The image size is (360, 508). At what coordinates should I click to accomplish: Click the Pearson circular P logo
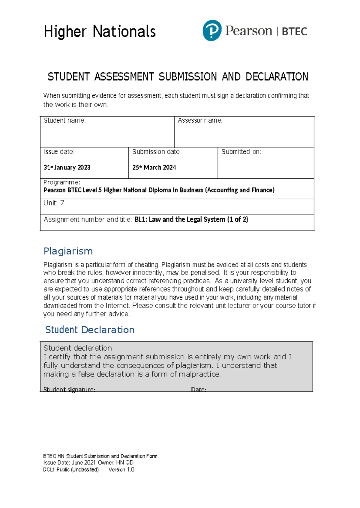(x=212, y=31)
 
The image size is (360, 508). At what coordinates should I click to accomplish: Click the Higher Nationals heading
(x=100, y=32)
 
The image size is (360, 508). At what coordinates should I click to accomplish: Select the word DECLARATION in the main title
(x=277, y=77)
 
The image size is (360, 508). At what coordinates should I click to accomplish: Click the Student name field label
(x=64, y=120)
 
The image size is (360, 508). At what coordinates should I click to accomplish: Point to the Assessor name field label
(x=200, y=120)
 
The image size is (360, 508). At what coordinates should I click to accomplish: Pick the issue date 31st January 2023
(x=67, y=168)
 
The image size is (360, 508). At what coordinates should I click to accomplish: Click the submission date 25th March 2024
(x=154, y=168)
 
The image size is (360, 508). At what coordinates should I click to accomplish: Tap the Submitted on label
(x=241, y=152)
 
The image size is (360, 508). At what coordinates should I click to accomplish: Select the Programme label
(x=61, y=182)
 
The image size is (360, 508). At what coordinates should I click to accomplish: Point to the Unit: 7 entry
(x=54, y=203)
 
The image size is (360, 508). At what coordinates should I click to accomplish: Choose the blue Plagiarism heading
(x=68, y=251)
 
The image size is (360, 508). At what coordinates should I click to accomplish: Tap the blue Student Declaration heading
(x=90, y=330)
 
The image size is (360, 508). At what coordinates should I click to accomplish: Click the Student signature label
(x=69, y=389)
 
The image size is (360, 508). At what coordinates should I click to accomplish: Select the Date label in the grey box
(x=199, y=389)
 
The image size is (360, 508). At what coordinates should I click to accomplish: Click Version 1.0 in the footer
(x=121, y=470)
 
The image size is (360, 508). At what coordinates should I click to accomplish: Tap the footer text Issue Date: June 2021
(x=69, y=463)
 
